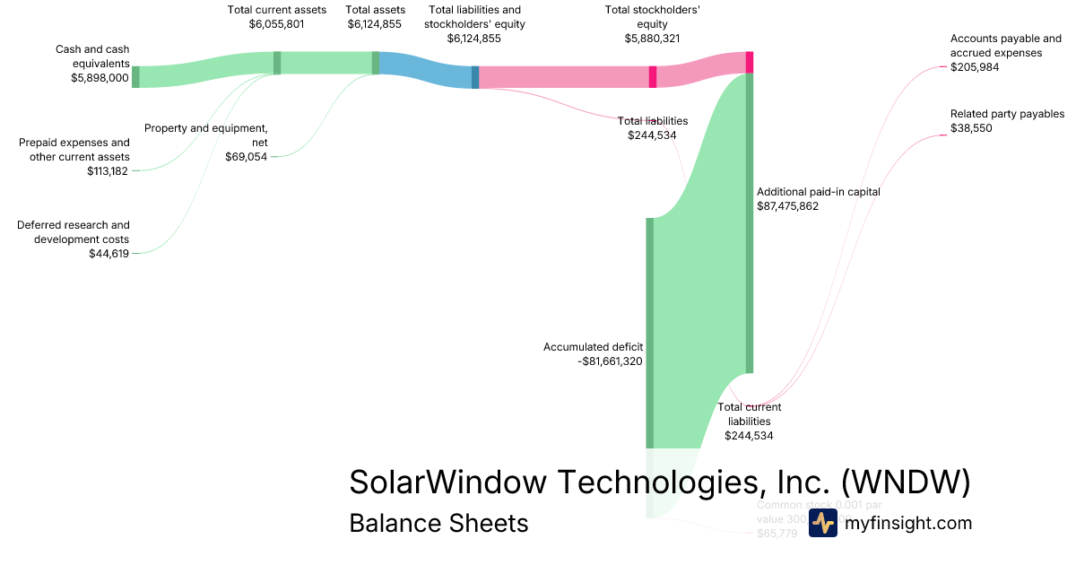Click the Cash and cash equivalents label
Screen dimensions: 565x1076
(92, 56)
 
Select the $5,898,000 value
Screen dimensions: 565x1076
(100, 78)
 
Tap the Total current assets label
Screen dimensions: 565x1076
(276, 10)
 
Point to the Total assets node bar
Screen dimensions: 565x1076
(376, 63)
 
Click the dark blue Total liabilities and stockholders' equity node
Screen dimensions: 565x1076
(475, 77)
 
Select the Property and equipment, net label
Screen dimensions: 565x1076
(206, 135)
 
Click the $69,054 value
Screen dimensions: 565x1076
(246, 157)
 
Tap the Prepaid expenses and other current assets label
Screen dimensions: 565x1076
(74, 150)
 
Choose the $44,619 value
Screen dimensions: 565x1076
(108, 254)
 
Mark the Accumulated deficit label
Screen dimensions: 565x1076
(593, 347)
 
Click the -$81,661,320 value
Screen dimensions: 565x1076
(610, 361)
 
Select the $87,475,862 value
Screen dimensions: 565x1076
(787, 206)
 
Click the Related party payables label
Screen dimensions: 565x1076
(1007, 114)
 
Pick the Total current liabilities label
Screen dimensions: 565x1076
(750, 414)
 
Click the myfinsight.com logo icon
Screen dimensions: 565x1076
(822, 523)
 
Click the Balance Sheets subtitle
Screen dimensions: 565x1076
(438, 523)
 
